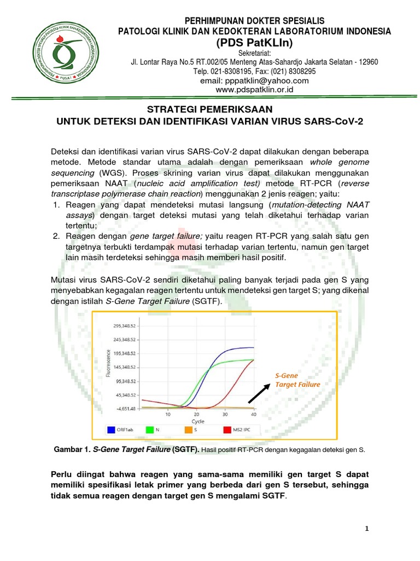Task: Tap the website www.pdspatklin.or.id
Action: tap(254, 89)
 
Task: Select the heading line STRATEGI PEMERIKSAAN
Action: tap(210, 110)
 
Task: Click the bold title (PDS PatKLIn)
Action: tap(254, 43)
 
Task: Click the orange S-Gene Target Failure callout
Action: tap(297, 380)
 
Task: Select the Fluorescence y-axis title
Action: tap(107, 367)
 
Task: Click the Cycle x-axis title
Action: tap(197, 421)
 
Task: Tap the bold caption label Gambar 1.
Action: tap(73, 450)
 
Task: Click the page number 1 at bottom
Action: tap(367, 528)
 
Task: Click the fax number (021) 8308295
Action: tap(292, 72)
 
